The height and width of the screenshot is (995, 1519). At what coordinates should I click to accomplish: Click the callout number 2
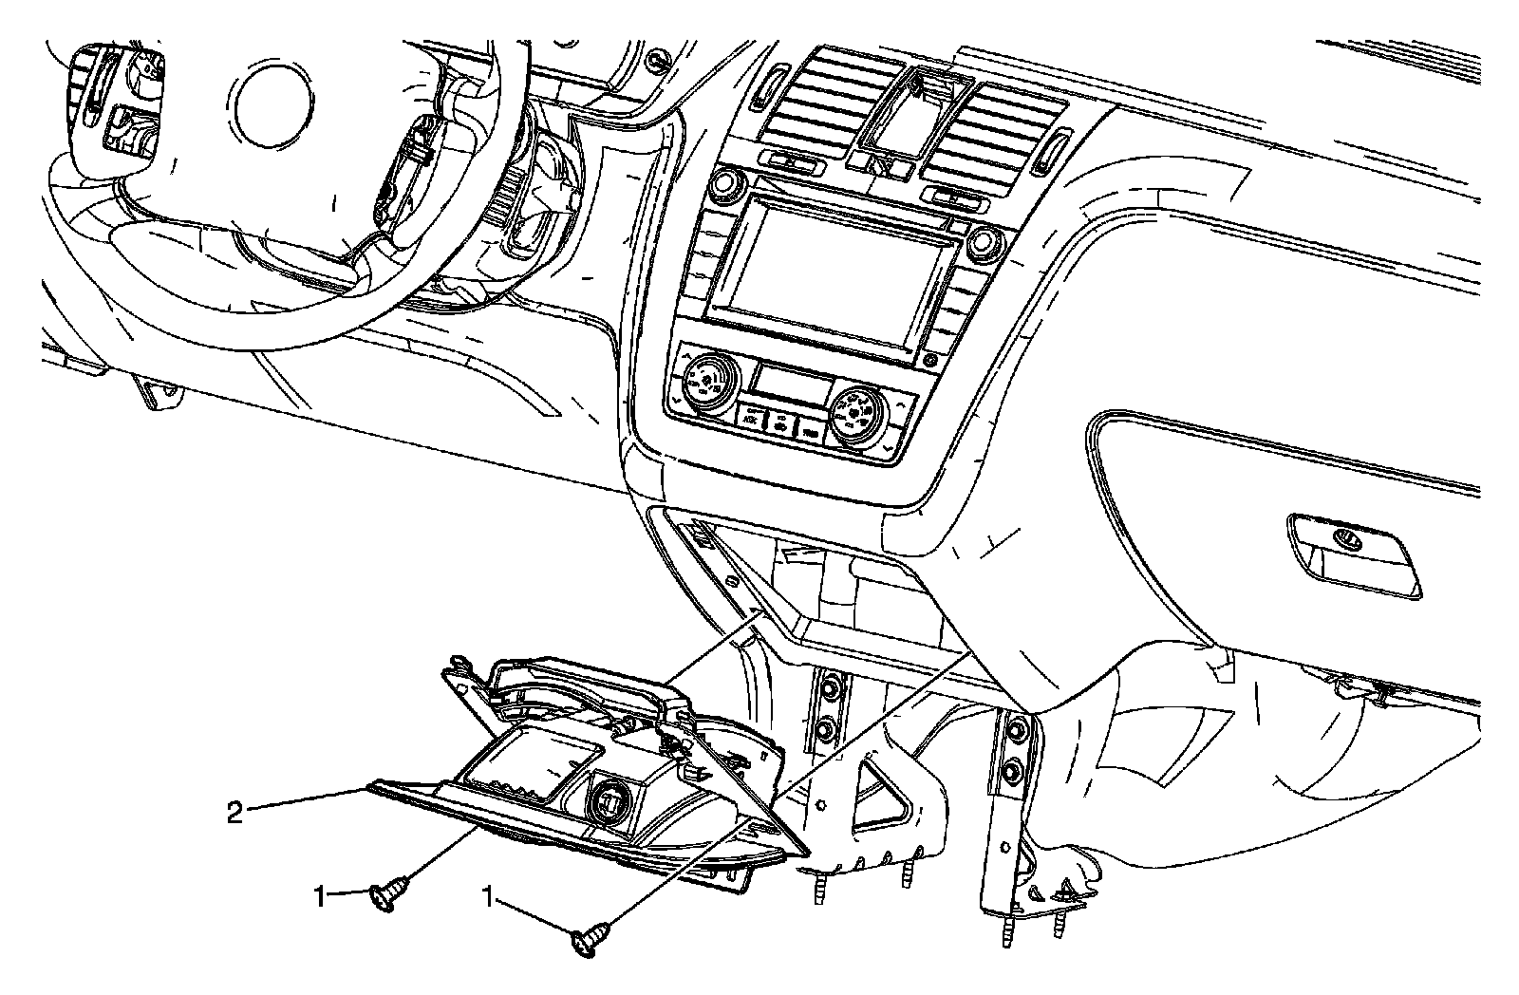point(234,812)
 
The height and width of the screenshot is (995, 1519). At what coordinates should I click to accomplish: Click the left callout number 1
point(322,893)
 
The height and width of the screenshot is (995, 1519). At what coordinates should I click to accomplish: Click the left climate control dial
point(703,382)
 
